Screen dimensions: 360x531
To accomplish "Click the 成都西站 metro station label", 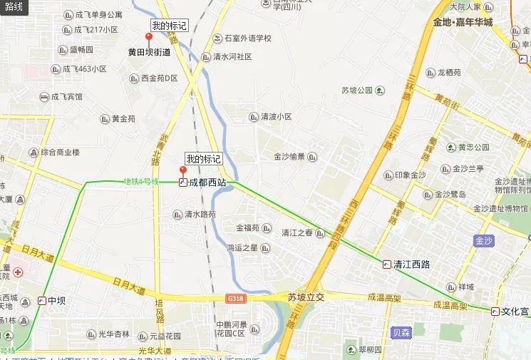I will pyautogui.click(x=207, y=182).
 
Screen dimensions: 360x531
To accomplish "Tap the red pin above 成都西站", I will pyautogui.click(x=182, y=170).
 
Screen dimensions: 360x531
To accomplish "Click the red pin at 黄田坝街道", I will pyautogui.click(x=149, y=36).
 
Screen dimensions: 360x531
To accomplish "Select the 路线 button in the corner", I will pyautogui.click(x=14, y=7).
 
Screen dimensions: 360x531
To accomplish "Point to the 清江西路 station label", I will pyautogui.click(x=411, y=264).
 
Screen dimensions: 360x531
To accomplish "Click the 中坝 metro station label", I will pyautogui.click(x=56, y=301).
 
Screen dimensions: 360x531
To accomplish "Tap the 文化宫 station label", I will pyautogui.click(x=515, y=311).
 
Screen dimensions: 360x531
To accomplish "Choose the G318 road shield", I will pyautogui.click(x=236, y=297).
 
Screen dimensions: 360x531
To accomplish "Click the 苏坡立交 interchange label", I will pyautogui.click(x=306, y=297).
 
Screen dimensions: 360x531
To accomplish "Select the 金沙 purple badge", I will pyautogui.click(x=484, y=241).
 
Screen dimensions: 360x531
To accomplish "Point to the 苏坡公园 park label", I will pyautogui.click(x=357, y=91).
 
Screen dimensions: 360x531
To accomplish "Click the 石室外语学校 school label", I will pyautogui.click(x=247, y=38).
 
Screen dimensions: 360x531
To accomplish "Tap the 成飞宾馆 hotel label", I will pyautogui.click(x=66, y=97).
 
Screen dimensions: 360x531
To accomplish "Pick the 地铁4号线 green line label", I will pyautogui.click(x=140, y=182).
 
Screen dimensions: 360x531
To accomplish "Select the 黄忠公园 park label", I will pyautogui.click(x=473, y=148).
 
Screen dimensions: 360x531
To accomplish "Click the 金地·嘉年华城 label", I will pyautogui.click(x=462, y=22).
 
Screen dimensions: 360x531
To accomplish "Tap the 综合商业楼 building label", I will pyautogui.click(x=60, y=152).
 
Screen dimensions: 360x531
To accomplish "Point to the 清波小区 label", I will pyautogui.click(x=276, y=117).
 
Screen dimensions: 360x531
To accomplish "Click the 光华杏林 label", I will pyautogui.click(x=113, y=334).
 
